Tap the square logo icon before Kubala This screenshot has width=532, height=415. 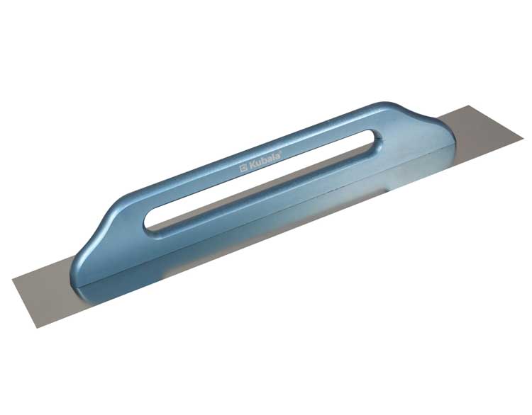pos(243,168)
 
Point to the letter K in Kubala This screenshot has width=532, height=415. pos(251,165)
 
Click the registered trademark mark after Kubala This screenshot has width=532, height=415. pos(279,154)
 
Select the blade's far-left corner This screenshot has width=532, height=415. pos(12,280)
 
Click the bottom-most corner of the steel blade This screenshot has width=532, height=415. pos(36,328)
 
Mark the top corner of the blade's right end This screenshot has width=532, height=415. pos(470,106)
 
